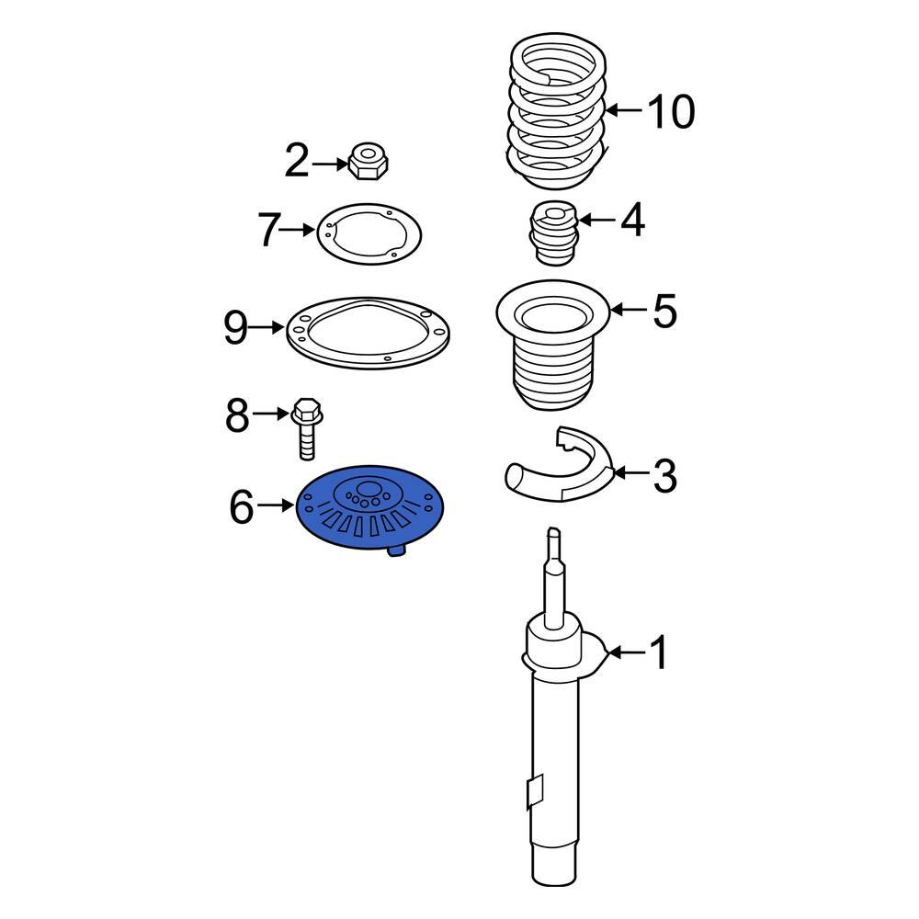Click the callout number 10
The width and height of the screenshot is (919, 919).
tap(671, 112)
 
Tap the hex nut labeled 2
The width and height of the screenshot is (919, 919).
tap(369, 162)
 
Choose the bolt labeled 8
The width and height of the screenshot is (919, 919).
tap(305, 428)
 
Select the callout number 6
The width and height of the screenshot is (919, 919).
tap(241, 506)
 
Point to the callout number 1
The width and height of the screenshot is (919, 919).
tap(658, 654)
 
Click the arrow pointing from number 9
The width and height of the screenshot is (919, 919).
tap(267, 327)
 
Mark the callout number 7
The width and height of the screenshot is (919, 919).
tap(267, 230)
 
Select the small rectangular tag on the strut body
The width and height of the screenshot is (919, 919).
tap(534, 789)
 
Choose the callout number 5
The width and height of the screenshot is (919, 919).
tap(664, 311)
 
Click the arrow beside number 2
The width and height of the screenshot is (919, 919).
tap(328, 164)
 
